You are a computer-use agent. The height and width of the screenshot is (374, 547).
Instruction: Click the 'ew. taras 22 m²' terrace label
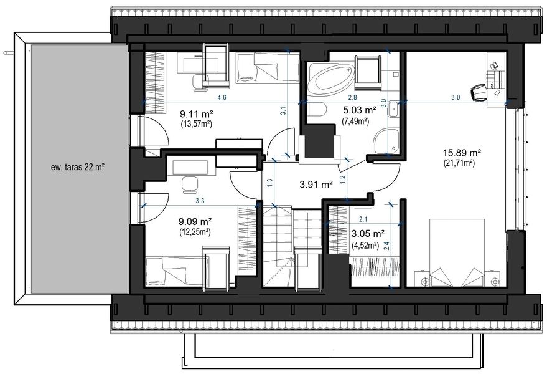[78, 167]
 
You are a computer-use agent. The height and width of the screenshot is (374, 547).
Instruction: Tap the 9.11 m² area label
[197, 114]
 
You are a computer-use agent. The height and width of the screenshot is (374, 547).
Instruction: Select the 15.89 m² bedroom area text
[462, 153]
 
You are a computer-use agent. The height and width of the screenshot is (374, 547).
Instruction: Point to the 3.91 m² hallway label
[316, 185]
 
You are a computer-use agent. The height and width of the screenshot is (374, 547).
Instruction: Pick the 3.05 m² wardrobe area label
[368, 234]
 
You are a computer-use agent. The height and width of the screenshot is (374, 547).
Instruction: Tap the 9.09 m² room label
[195, 222]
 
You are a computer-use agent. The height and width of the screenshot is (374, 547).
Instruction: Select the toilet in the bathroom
[317, 110]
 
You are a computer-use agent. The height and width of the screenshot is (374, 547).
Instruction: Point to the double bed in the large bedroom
[457, 253]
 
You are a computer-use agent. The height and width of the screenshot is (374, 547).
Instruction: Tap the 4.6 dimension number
[222, 98]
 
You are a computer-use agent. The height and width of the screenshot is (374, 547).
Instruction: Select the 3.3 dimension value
[200, 201]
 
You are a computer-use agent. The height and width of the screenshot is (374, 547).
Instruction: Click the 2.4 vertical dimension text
[386, 246]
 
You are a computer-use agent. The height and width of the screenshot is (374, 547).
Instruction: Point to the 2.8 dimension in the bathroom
[352, 98]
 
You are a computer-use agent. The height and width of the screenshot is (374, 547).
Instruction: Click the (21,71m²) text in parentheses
[459, 163]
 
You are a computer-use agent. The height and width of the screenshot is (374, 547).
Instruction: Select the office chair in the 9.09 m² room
[190, 185]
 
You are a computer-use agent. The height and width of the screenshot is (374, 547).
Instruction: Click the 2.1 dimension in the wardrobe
[363, 219]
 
